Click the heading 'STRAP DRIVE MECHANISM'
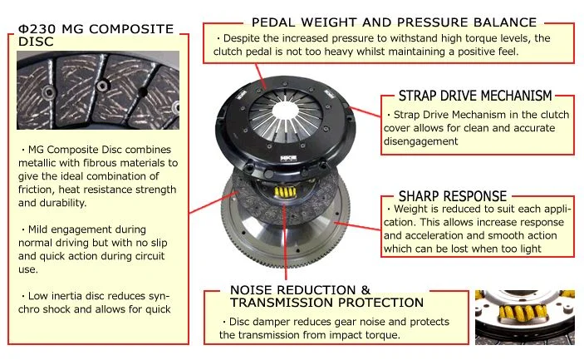coord(475,96)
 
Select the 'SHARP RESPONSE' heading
coord(453,196)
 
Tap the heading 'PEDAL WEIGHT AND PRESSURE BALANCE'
coord(394,22)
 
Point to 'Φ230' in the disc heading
coord(37,29)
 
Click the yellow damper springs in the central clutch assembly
coord(285,192)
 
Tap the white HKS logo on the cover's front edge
coord(288,159)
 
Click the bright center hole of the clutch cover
coord(286,111)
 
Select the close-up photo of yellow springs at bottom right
coord(525,317)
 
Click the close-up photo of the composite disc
coord(98,90)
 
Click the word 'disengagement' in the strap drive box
coord(421,141)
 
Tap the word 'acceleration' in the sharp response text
coord(434,235)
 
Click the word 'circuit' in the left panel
coord(151,256)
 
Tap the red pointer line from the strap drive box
coord(366,111)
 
